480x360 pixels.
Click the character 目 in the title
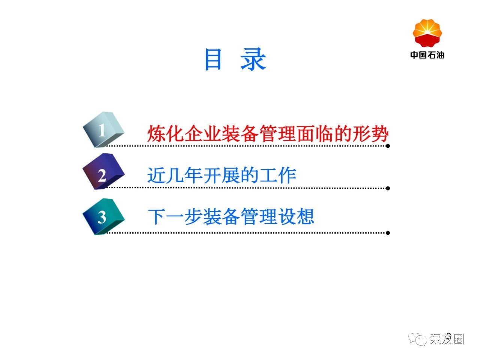click(213, 59)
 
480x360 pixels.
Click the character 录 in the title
click(253, 59)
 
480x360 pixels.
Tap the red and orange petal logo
click(427, 33)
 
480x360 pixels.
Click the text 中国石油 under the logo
click(427, 55)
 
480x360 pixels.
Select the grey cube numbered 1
click(104, 130)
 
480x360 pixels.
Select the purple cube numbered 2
click(104, 171)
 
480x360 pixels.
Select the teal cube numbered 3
click(104, 216)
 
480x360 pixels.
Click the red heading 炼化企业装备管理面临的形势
click(268, 133)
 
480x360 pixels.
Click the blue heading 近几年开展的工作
click(222, 175)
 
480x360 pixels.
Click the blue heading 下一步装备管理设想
click(231, 216)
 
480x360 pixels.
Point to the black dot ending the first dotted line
click(388, 146)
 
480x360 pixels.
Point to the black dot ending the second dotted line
click(388, 188)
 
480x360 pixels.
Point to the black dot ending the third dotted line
click(388, 233)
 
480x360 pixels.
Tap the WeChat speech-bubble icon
click(417, 339)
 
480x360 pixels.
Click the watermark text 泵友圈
click(447, 339)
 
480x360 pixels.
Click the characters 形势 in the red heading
click(370, 133)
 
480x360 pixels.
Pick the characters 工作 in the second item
click(278, 175)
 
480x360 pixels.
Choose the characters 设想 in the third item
click(296, 216)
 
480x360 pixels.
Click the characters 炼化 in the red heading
click(166, 133)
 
